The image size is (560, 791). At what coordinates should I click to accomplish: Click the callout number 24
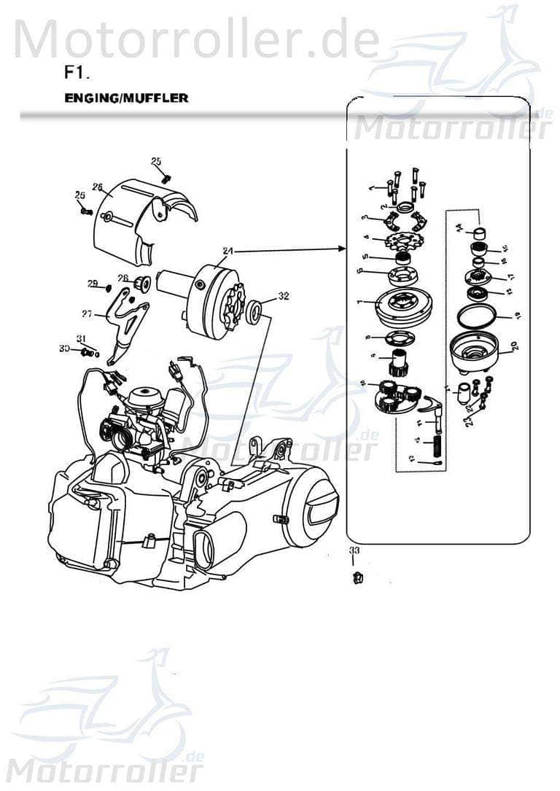pos(227,252)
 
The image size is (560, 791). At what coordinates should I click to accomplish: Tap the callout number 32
pos(284,297)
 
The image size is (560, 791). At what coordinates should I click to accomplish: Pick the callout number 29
pos(93,283)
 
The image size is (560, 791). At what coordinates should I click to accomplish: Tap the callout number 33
pos(354,550)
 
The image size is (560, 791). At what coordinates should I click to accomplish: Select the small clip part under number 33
pos(356,578)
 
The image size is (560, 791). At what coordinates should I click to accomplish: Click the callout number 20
pos(514,346)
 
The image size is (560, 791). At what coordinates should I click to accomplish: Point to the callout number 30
pos(64,350)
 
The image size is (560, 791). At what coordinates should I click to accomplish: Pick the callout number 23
pos(470,419)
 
